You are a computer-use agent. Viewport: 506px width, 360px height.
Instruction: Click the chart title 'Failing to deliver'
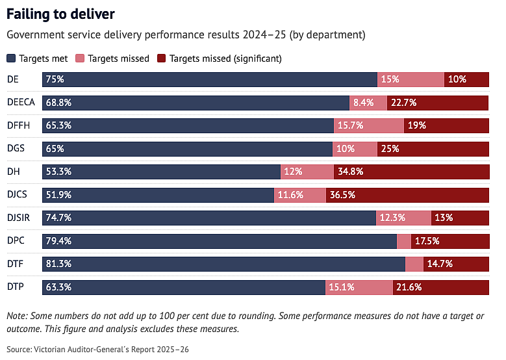click(60, 14)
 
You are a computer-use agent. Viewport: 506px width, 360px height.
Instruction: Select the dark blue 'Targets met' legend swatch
click(11, 58)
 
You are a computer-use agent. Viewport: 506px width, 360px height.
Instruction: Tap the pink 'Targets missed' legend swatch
click(80, 58)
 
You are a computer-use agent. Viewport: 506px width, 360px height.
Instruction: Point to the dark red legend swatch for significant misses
click(161, 58)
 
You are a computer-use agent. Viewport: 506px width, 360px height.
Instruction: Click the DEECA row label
click(21, 102)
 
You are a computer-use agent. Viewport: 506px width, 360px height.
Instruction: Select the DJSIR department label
click(18, 218)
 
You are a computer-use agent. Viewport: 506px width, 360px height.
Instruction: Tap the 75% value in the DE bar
click(55, 79)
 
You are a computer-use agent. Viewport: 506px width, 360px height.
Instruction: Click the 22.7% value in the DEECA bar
click(404, 103)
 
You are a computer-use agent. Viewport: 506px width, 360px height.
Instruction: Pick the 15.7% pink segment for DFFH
click(369, 125)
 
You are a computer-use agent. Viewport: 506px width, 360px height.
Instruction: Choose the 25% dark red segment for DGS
click(433, 149)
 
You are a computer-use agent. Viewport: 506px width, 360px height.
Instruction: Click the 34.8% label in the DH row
click(351, 172)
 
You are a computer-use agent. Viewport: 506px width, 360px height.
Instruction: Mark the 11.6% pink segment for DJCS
click(300, 195)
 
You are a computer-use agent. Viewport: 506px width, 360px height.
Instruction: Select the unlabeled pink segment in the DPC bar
click(404, 241)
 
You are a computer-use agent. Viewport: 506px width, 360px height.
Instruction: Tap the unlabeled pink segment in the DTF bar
click(414, 264)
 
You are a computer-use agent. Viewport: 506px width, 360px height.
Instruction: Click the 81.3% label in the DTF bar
click(58, 264)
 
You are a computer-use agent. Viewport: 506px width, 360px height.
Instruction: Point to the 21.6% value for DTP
click(409, 287)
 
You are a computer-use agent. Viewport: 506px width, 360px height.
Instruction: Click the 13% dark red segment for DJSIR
click(460, 218)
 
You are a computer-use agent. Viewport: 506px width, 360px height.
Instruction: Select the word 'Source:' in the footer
click(19, 350)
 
